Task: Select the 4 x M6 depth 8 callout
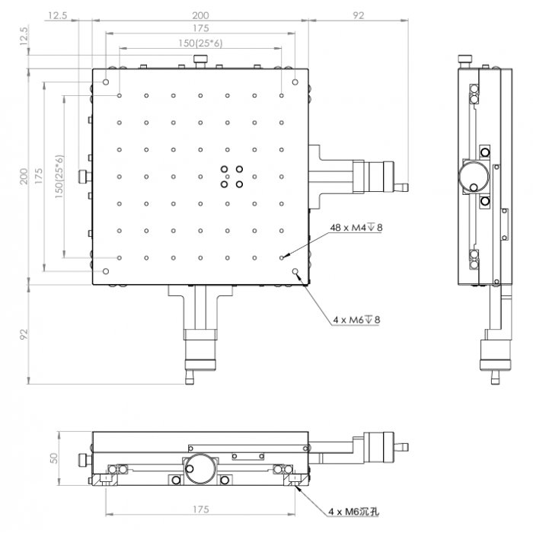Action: click(x=356, y=320)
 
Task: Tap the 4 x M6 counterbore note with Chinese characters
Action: click(x=353, y=512)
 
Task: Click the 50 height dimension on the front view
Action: click(x=54, y=458)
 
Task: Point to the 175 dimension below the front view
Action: click(x=200, y=509)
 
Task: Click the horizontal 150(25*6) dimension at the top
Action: click(x=200, y=43)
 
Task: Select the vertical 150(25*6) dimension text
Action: click(x=59, y=177)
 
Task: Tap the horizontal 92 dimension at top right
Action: click(x=359, y=16)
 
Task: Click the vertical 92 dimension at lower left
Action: click(x=24, y=334)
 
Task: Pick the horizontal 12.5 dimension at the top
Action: click(x=57, y=16)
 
